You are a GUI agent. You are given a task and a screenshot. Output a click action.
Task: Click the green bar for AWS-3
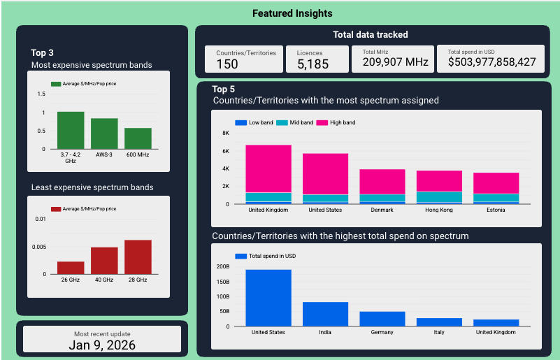(104, 134)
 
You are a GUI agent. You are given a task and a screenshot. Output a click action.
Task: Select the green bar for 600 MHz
(138, 138)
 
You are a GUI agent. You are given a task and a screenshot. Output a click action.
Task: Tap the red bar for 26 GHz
(71, 268)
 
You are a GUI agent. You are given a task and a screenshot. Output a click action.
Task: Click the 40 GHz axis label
(104, 280)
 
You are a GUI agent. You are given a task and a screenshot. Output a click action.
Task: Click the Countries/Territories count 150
(227, 64)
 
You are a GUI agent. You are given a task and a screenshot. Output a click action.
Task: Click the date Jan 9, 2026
(102, 344)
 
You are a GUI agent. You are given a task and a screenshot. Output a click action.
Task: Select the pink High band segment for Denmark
(382, 181)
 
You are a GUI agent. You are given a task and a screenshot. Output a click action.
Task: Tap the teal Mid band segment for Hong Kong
(439, 196)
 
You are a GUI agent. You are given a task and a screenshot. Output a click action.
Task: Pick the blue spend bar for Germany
(382, 319)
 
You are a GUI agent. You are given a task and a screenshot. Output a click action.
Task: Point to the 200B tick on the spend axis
(222, 266)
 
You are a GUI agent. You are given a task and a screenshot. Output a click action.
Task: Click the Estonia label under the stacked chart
(496, 210)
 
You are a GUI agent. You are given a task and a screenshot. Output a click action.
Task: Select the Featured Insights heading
(292, 13)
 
